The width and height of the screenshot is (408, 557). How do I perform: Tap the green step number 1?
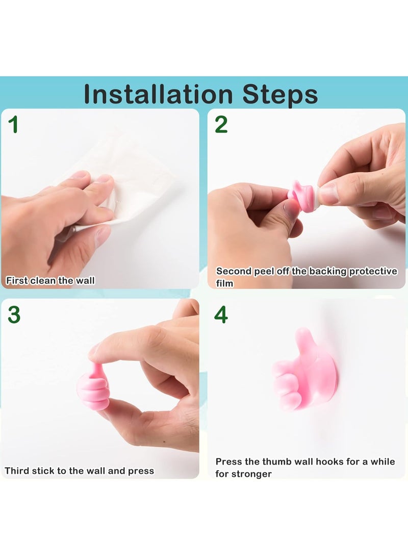pyautogui.click(x=14, y=125)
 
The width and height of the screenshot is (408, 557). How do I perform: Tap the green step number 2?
pyautogui.click(x=221, y=125)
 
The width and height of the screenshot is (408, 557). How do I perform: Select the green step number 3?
pyautogui.click(x=14, y=315)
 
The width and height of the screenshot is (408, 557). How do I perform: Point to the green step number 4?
pyautogui.click(x=221, y=315)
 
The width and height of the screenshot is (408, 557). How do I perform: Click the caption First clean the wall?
pyautogui.click(x=50, y=280)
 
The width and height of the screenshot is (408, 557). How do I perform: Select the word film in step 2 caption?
pyautogui.click(x=224, y=283)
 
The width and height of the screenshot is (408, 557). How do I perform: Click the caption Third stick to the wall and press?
pyautogui.click(x=79, y=471)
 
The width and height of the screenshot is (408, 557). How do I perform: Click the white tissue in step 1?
pyautogui.click(x=127, y=168)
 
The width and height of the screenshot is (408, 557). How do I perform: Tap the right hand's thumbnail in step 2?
pyautogui.click(x=328, y=193)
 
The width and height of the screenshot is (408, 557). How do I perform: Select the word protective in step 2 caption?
pyautogui.click(x=372, y=272)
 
